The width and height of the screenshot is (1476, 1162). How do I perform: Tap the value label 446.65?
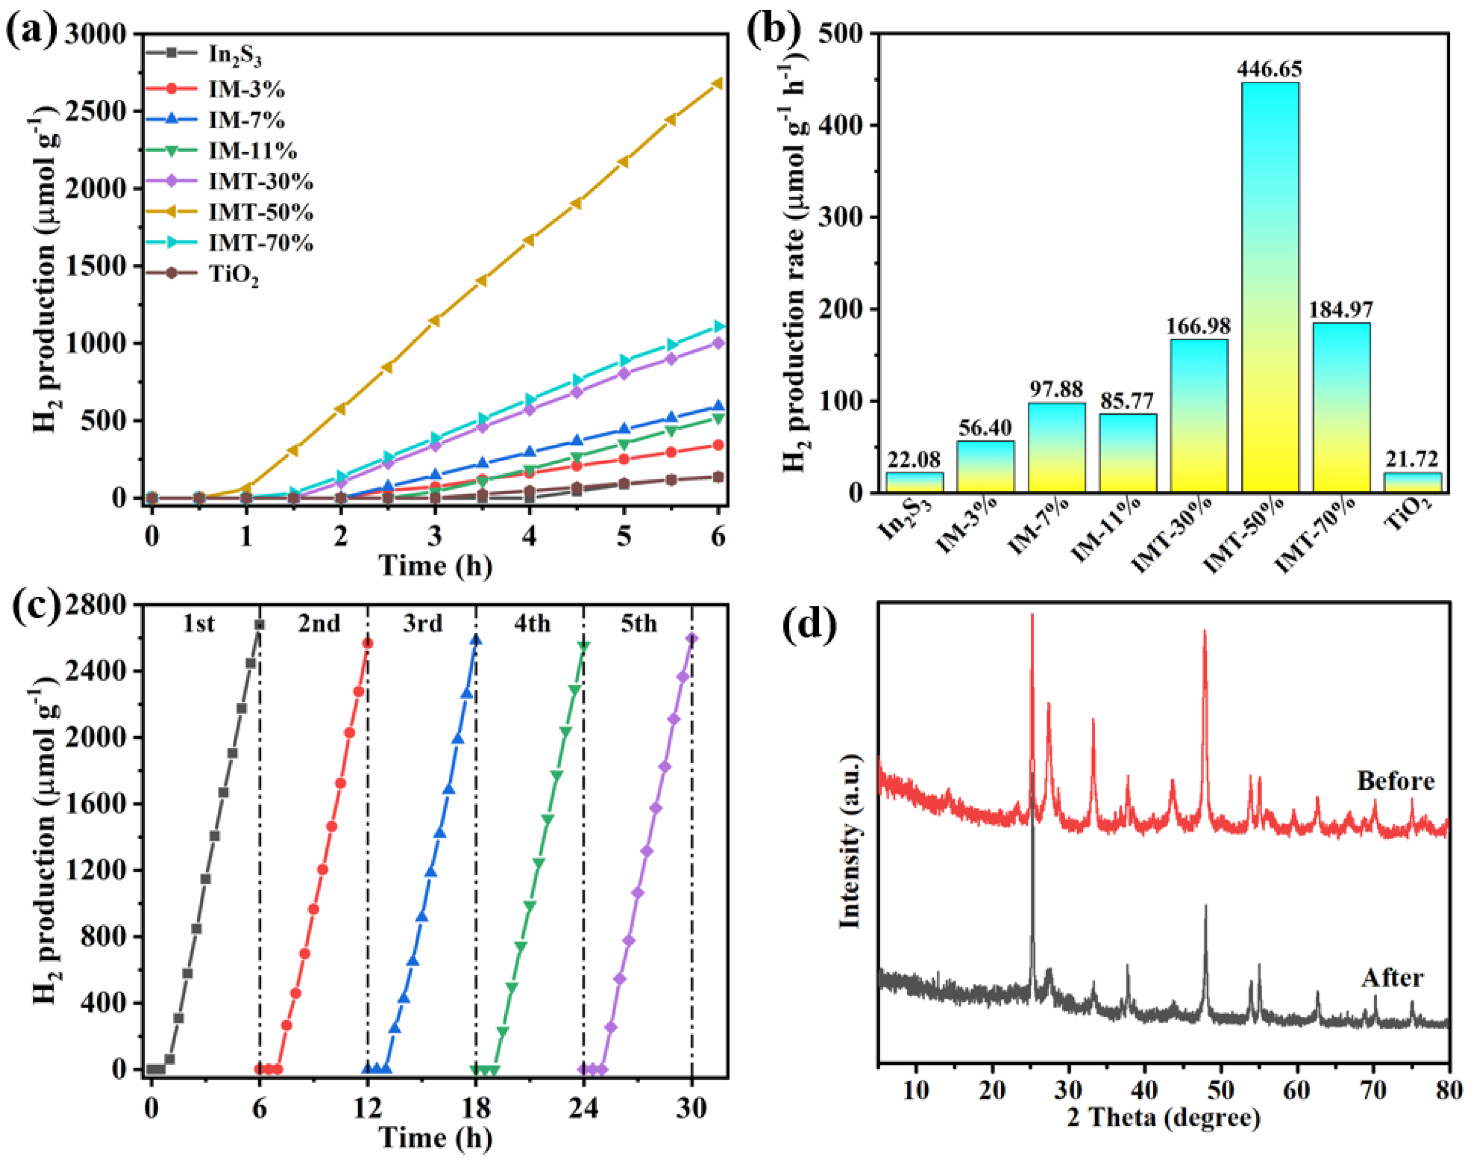1270,69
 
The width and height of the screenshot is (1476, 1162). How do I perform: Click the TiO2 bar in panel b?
1412,483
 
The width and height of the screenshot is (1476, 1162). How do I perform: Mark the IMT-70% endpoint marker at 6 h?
718,327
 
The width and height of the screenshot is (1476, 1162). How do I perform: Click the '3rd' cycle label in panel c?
422,623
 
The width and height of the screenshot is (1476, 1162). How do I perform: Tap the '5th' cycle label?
639,623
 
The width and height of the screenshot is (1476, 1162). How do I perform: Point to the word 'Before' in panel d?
1396,780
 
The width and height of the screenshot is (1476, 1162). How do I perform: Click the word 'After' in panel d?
1392,978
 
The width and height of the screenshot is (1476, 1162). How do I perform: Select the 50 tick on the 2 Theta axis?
1221,1090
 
